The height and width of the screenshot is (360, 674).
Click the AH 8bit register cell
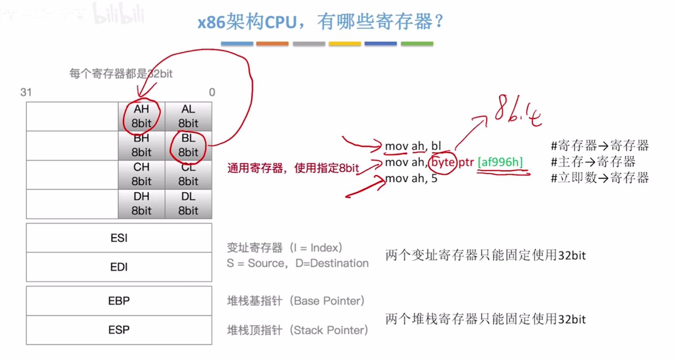click(141, 116)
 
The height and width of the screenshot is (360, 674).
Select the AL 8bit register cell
click(188, 116)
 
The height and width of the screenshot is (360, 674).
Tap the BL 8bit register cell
click(188, 145)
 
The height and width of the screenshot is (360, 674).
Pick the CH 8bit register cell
click(141, 174)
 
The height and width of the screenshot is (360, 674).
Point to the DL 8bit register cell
click(188, 204)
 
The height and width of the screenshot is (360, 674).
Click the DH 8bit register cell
click(141, 204)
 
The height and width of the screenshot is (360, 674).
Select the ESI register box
click(119, 238)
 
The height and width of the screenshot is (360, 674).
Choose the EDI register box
click(119, 267)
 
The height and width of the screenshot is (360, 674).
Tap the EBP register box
click(119, 301)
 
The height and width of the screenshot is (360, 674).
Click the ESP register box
click(119, 330)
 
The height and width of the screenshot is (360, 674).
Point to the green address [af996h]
click(500, 162)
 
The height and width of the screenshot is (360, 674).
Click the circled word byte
click(443, 162)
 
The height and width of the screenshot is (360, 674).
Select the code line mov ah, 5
click(411, 178)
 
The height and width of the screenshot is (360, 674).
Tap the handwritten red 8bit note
click(518, 110)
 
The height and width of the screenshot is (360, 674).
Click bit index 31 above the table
click(26, 92)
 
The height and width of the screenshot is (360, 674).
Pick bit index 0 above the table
click(212, 92)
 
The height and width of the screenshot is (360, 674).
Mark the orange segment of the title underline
click(272, 44)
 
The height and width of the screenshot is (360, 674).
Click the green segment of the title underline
click(417, 44)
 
